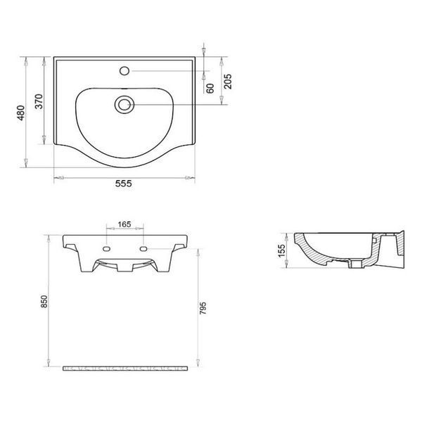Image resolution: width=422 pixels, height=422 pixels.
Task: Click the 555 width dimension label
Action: [124, 184]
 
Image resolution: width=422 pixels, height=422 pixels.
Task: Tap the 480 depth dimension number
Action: [21, 113]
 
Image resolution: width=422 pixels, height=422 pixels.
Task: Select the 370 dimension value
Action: [39, 101]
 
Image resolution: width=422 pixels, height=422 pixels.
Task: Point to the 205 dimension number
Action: [228, 82]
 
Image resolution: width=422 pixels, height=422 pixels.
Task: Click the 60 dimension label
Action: [210, 89]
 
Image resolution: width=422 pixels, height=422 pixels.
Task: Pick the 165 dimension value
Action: [124, 224]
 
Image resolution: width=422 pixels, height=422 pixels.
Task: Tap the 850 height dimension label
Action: [44, 302]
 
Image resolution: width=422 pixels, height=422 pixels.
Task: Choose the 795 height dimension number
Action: [203, 308]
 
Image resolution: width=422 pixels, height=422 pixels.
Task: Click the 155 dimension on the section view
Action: [281, 251]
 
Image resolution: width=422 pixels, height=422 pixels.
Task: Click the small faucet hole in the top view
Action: [124, 71]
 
